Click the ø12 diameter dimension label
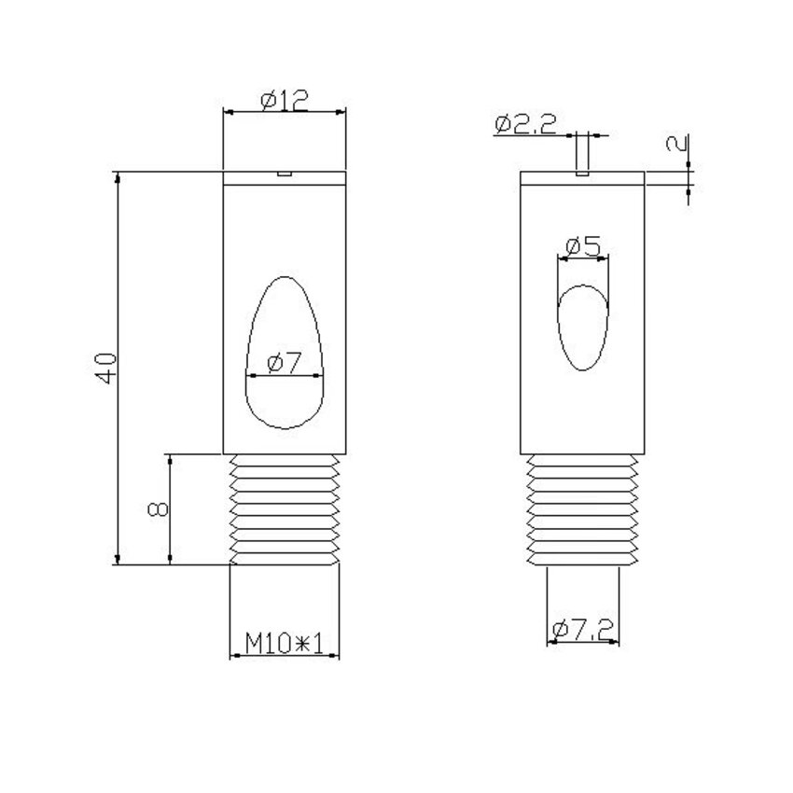(285, 99)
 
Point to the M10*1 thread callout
(284, 643)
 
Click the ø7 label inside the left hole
(284, 364)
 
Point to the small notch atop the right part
(582, 173)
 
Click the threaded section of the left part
(285, 508)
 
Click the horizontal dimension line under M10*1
(284, 656)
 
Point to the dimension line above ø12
(285, 112)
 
